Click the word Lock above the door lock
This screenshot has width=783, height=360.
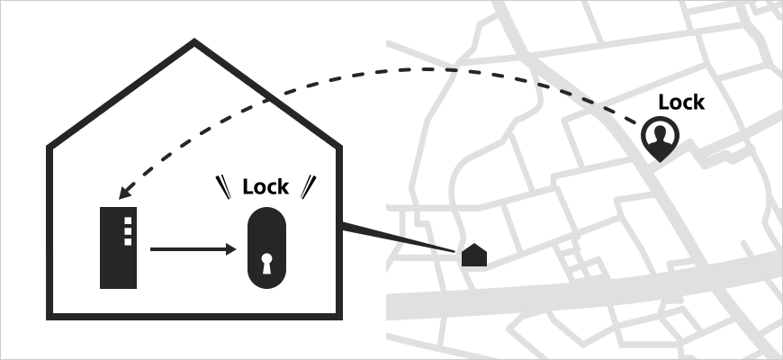pos(265,187)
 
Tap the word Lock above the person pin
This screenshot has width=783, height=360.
pos(680,103)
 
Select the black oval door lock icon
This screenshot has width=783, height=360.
pos(266,249)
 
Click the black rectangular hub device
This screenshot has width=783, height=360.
pos(118,248)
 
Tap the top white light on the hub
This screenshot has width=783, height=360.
pos(127,220)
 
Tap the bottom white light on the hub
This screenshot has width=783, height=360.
pos(127,240)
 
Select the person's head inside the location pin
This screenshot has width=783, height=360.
pos(661,132)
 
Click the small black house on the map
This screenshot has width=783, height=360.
pos(474,256)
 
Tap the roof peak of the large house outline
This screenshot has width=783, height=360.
pos(193,42)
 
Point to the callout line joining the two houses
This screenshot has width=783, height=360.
pos(396,236)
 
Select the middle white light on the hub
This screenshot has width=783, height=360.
pos(127,230)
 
